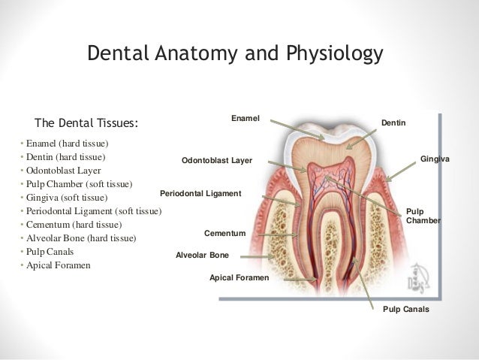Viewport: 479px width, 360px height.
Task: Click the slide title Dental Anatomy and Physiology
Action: point(235,54)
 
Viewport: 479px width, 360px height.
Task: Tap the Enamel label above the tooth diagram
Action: point(245,118)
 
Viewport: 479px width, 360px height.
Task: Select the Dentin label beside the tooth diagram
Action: point(393,122)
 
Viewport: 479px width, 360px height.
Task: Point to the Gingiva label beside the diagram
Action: point(435,159)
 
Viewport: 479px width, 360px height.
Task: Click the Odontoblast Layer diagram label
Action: point(218,161)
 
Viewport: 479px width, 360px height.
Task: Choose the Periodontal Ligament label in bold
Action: point(200,194)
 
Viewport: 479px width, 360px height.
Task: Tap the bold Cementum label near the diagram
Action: point(225,233)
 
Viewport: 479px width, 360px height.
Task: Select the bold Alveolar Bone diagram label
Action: point(202,256)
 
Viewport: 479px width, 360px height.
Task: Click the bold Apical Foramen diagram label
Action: point(239,278)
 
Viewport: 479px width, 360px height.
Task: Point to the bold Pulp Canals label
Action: point(406,308)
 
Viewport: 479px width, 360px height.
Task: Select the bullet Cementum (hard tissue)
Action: point(74,225)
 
